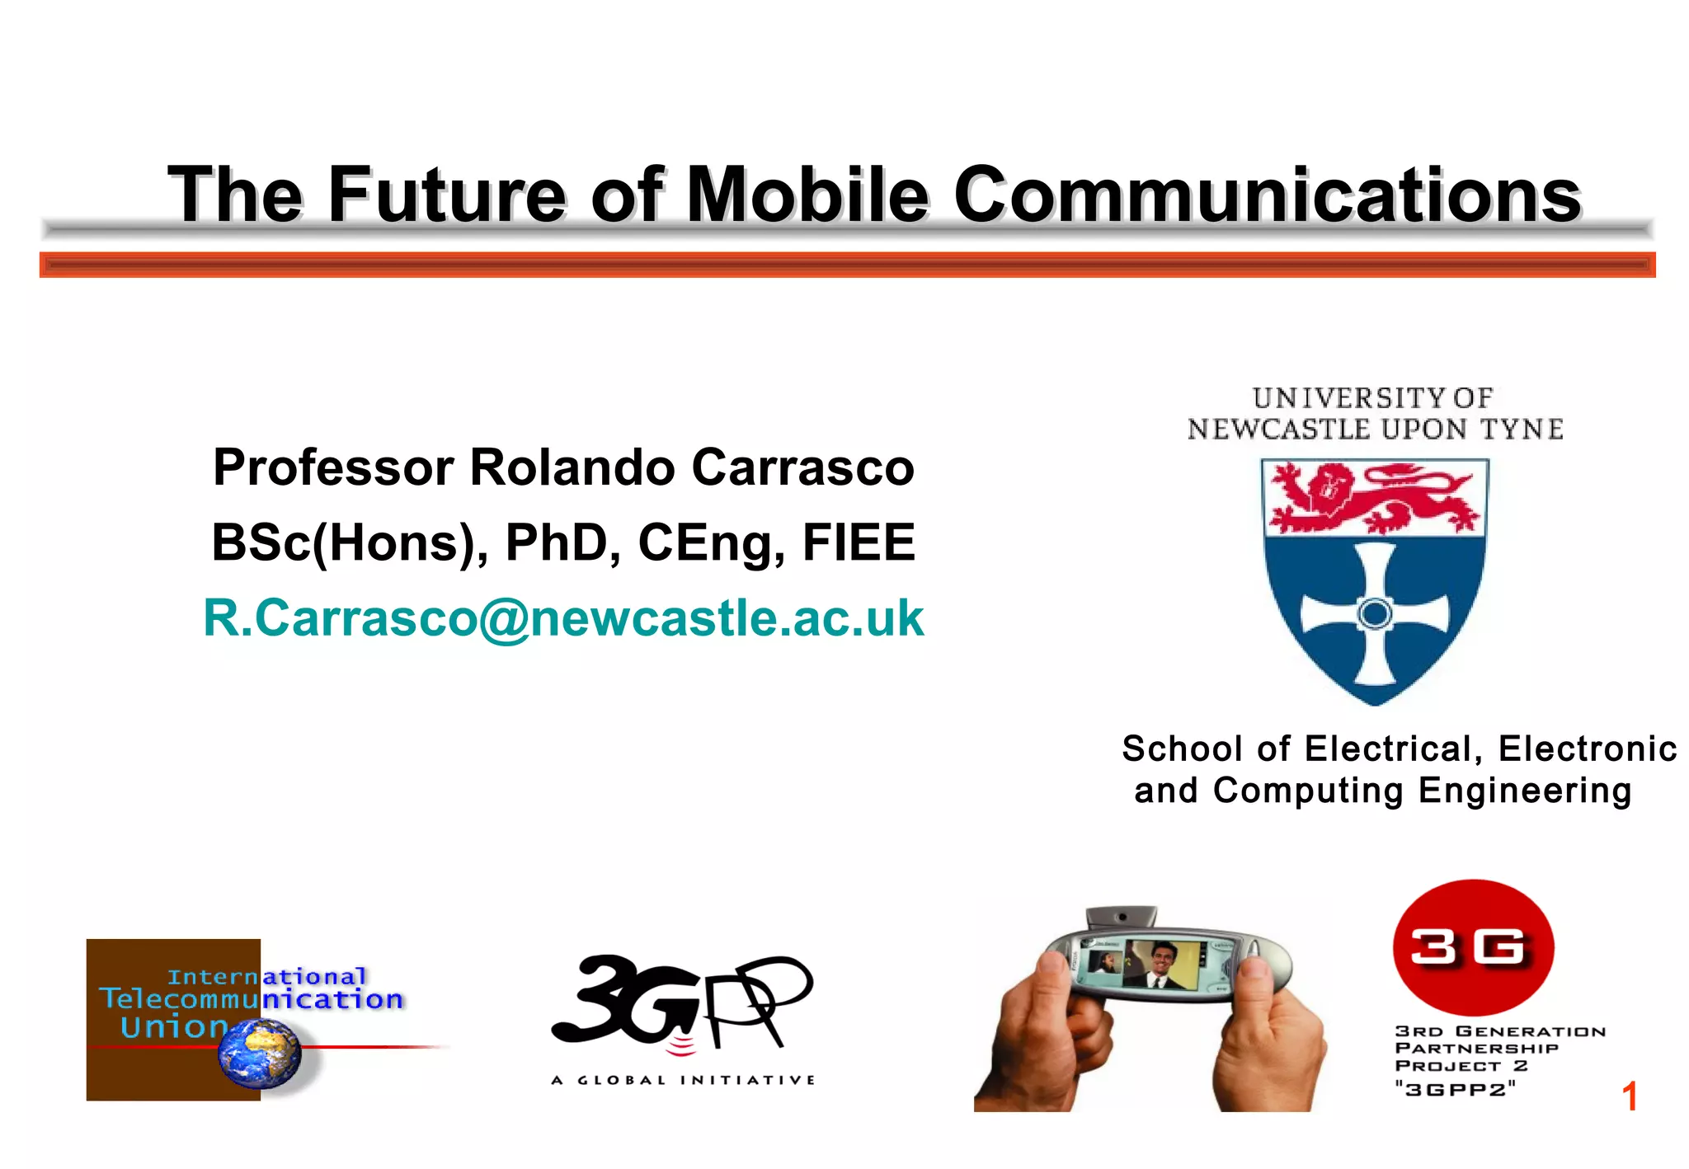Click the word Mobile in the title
[807, 195]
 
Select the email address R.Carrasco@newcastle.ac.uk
[563, 617]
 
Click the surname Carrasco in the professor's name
[802, 467]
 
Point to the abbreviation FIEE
[859, 542]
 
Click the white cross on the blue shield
[1374, 613]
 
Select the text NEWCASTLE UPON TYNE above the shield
[1375, 430]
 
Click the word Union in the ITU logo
[173, 1027]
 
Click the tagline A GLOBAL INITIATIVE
[683, 1080]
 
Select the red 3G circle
[1473, 947]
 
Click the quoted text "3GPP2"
[1455, 1090]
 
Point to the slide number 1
[1629, 1096]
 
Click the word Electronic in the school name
[1587, 749]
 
